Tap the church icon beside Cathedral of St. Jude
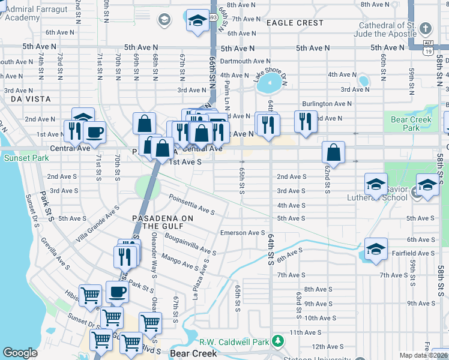coord(426,29)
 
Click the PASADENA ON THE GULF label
coord(162,221)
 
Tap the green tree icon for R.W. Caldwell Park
coord(277,341)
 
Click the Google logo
coord(20,353)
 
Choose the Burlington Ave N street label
coord(327,104)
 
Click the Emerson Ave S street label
coord(243,233)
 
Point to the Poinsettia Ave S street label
coord(191,204)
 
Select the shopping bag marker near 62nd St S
coord(333,153)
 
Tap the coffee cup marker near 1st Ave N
coord(94,131)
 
